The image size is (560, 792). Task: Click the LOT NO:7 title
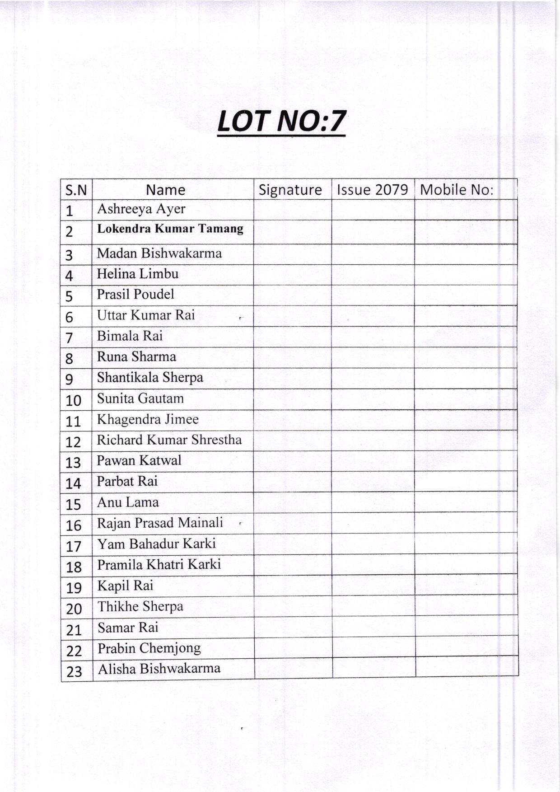(281, 121)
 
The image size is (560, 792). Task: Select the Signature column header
(290, 190)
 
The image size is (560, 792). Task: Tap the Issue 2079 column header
(373, 190)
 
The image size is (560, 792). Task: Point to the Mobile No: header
(457, 190)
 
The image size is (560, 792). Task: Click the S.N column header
(76, 190)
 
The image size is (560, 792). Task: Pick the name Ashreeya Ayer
(141, 209)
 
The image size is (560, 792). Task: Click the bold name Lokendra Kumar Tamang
(170, 229)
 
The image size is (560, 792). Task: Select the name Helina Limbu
(138, 274)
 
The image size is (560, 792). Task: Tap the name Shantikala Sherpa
(150, 377)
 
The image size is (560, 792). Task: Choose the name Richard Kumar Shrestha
(169, 440)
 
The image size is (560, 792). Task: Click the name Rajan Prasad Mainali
(160, 523)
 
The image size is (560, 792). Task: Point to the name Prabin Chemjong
(149, 648)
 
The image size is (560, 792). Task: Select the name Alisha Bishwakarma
(159, 669)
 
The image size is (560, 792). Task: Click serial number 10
(74, 400)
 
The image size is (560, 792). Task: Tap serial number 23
(74, 672)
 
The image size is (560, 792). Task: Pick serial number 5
(69, 296)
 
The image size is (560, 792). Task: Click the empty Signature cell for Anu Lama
(293, 502)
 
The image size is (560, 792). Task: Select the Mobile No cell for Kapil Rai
(466, 586)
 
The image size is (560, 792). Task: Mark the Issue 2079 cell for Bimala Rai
(373, 337)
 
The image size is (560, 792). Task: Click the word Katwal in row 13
(160, 460)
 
